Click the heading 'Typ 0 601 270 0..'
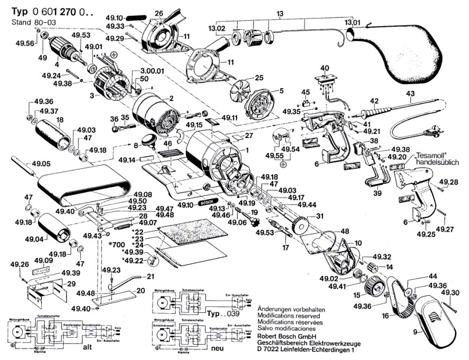(x=48, y=11)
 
